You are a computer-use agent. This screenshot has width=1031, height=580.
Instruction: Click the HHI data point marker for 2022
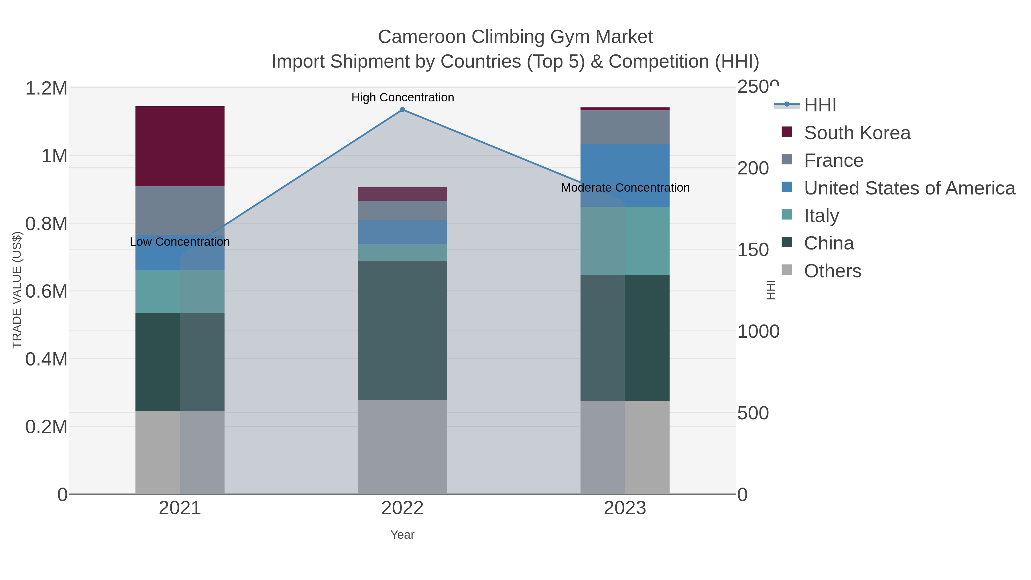coord(402,110)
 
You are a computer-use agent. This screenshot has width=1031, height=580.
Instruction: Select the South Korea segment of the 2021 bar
coord(180,146)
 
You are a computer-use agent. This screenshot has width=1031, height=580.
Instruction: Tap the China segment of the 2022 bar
coord(402,330)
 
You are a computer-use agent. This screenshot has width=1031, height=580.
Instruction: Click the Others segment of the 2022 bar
coord(402,447)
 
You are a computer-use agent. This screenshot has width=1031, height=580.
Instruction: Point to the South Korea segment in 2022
coord(402,194)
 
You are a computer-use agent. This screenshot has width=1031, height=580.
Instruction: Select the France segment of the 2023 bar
coord(625,127)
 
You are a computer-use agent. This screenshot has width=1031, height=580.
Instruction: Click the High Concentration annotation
coord(402,98)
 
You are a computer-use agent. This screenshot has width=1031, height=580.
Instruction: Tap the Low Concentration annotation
coord(180,242)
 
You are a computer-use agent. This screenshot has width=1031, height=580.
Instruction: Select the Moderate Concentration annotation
coord(625,188)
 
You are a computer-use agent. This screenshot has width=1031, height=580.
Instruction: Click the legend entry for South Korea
coord(857,133)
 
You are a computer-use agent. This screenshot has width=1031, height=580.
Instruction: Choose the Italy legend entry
coord(821,216)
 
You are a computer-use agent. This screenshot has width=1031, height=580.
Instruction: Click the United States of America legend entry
coord(909,188)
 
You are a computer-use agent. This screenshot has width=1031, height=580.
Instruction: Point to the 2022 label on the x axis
coord(402,508)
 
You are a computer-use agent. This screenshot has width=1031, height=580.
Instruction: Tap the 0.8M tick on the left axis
coord(46,224)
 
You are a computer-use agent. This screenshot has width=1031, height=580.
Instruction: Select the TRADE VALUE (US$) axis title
coord(17,290)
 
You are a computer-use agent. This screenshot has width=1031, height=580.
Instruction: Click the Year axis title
coord(402,535)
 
